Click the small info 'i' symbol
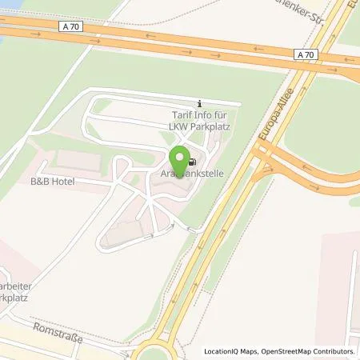[199, 104]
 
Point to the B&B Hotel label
[52, 182]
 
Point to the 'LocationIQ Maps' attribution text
[234, 351]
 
